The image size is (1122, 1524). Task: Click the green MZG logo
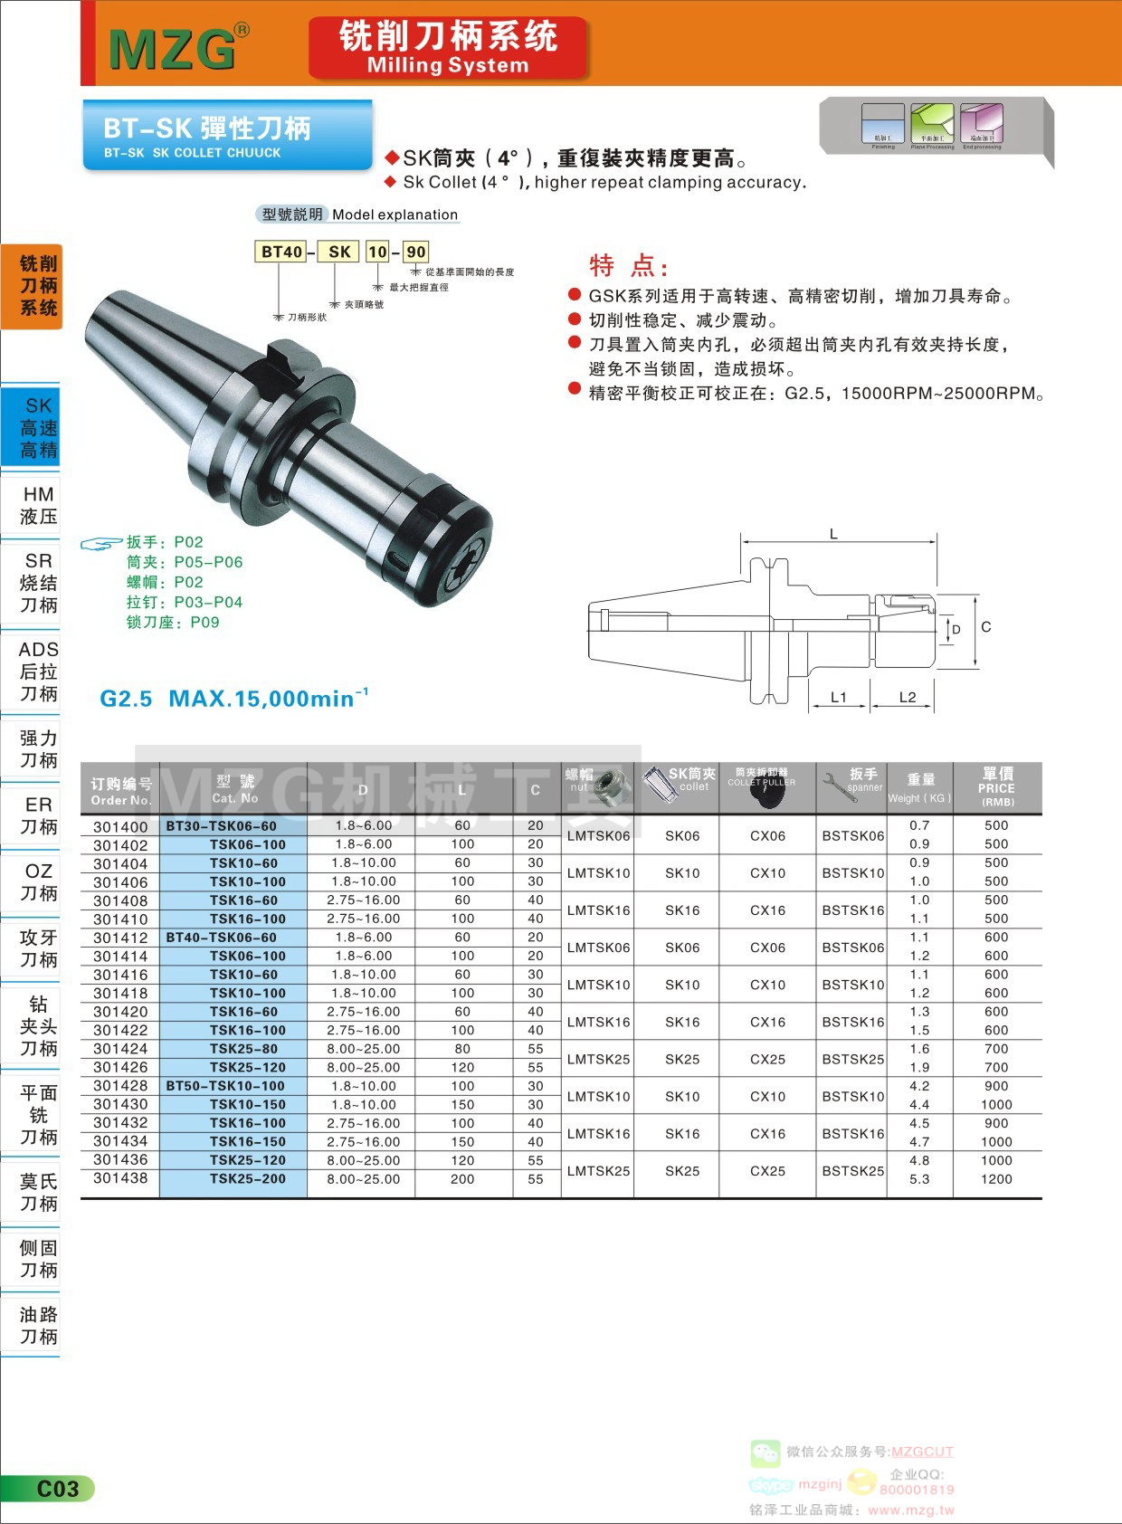173,49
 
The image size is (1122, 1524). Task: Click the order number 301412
120,938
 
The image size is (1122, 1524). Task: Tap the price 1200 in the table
996,1179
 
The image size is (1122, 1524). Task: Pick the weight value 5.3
919,1179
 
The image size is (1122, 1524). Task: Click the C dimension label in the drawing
985,627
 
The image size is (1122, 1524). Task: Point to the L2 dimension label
908,697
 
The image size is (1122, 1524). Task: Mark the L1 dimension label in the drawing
839,697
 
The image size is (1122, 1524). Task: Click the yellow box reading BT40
281,252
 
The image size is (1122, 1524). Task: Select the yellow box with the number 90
415,252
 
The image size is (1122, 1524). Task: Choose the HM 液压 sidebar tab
38,505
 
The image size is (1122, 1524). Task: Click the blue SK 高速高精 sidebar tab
38,428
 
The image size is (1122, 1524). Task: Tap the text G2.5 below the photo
126,699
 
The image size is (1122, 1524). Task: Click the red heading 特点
628,266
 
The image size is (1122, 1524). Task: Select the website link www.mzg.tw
910,1510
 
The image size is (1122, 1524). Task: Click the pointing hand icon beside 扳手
100,544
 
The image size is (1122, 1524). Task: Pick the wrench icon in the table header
836,786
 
